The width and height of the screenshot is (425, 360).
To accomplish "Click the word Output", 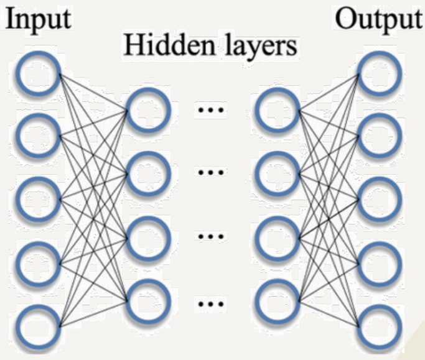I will [x=378, y=20].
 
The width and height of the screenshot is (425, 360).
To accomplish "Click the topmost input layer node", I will [x=38, y=74].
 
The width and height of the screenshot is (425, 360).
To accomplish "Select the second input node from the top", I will [x=38, y=136].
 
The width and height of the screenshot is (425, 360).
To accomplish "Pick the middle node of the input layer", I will [x=38, y=200].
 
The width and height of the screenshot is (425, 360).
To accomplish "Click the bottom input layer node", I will [x=38, y=326].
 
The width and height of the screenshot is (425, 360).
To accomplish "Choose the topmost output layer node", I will [x=378, y=73].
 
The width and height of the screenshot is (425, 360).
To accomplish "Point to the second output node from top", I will [x=378, y=136].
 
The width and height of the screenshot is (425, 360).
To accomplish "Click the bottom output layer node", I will [x=378, y=326].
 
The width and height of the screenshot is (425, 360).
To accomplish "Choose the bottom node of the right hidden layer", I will [x=278, y=302].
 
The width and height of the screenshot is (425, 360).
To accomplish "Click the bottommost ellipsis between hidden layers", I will [x=212, y=304].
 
